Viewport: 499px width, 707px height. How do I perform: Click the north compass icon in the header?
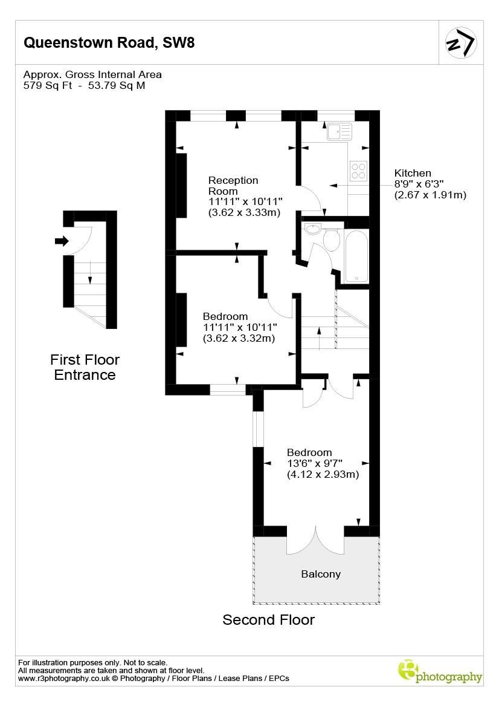tap(461, 42)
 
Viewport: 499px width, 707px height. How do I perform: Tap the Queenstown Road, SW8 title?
tap(109, 42)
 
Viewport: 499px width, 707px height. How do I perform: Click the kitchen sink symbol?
tap(339, 131)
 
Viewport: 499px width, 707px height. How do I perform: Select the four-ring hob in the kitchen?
tap(358, 171)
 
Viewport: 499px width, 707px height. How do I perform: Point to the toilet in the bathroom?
tap(331, 239)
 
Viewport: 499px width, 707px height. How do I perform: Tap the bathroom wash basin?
tap(313, 229)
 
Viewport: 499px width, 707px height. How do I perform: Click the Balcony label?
tap(321, 574)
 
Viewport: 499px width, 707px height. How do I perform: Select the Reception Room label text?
tap(233, 186)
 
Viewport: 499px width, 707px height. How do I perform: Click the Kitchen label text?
tap(413, 173)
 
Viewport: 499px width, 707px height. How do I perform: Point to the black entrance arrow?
tap(62, 241)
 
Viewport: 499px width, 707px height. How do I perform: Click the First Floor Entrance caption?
tap(85, 367)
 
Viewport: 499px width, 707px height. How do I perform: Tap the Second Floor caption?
tap(268, 619)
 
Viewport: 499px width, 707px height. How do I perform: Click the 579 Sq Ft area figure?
tap(48, 85)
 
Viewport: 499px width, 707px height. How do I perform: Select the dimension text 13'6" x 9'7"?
tap(315, 463)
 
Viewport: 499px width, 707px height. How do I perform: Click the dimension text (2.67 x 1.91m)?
tap(430, 195)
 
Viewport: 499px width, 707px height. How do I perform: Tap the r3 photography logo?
tap(439, 671)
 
